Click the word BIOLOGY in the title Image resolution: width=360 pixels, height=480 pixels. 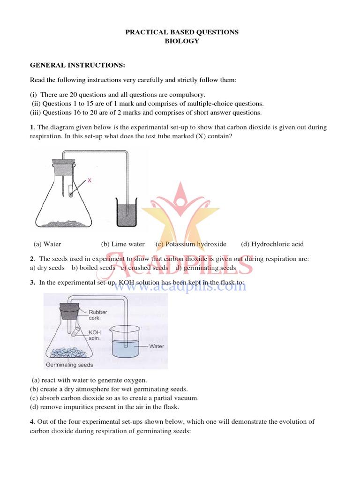point(181,41)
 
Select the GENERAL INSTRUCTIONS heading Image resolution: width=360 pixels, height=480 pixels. point(77,65)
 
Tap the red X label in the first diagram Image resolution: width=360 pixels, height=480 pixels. point(89,180)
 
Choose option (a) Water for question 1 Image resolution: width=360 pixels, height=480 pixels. point(47,244)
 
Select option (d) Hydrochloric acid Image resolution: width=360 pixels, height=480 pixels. point(272,244)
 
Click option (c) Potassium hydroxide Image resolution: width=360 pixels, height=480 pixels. point(191,244)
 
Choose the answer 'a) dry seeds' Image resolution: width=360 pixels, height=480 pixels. point(47,268)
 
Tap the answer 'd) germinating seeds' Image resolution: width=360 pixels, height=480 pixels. point(206,268)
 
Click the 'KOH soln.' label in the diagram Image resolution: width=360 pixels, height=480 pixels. point(96,335)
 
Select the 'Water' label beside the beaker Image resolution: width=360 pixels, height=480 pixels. point(157,346)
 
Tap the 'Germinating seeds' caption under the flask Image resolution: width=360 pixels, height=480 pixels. point(69,365)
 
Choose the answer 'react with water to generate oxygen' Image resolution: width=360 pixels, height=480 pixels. point(90,380)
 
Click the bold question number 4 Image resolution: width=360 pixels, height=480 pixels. point(32,422)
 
